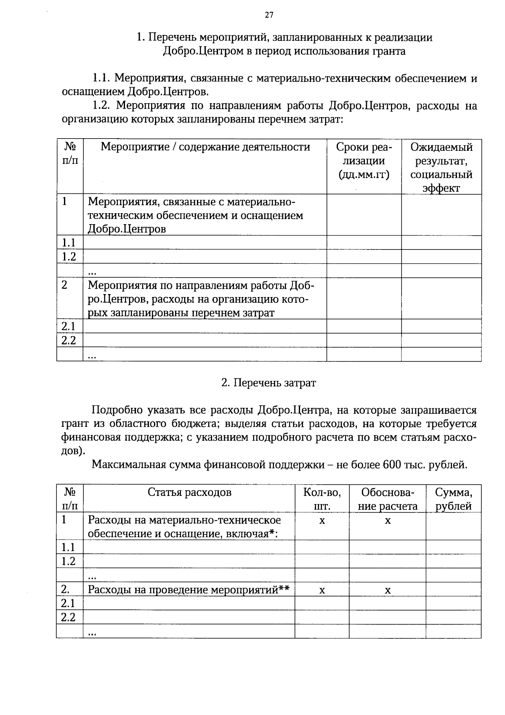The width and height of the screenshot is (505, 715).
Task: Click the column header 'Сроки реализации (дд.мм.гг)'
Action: pyautogui.click(x=364, y=161)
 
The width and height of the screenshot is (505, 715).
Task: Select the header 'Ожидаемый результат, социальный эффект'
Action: pyautogui.click(x=441, y=167)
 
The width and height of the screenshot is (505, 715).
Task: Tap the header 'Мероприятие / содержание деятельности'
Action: pyautogui.click(x=205, y=147)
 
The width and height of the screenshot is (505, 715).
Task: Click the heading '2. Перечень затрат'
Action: pyautogui.click(x=268, y=383)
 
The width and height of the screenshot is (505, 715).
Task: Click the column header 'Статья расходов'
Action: pyautogui.click(x=189, y=492)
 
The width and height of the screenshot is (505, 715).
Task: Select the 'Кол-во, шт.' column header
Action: pyautogui.click(x=322, y=499)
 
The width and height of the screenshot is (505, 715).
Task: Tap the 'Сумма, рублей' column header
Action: pyautogui.click(x=453, y=499)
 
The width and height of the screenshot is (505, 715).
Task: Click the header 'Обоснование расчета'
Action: pyautogui.click(x=388, y=499)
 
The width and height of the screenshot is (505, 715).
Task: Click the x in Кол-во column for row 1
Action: pyautogui.click(x=322, y=521)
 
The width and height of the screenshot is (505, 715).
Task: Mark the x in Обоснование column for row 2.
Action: pyautogui.click(x=388, y=591)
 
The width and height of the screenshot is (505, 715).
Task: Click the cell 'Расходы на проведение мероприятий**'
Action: pyautogui.click(x=189, y=589)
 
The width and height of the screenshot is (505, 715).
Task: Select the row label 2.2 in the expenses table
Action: pyautogui.click(x=68, y=617)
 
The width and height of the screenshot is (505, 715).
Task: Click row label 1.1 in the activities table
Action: pyautogui.click(x=68, y=243)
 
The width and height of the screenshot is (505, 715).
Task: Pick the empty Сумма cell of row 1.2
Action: pyautogui.click(x=453, y=561)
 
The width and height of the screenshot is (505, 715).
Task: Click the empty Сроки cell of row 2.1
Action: pyautogui.click(x=364, y=326)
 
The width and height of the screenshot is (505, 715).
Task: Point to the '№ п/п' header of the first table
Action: pyautogui.click(x=70, y=154)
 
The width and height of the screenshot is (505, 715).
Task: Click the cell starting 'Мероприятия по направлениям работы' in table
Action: pyautogui.click(x=201, y=299)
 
